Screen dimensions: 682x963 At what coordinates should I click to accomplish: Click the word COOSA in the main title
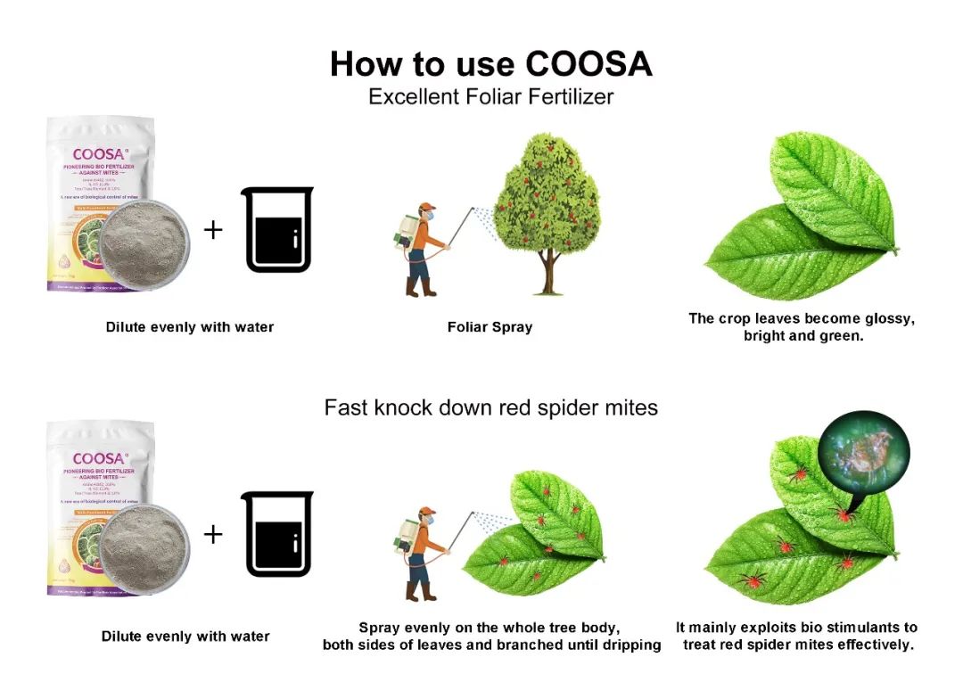[588, 64]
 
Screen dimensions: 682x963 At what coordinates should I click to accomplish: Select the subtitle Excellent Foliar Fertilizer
[491, 96]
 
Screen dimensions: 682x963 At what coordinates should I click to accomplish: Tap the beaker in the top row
[277, 230]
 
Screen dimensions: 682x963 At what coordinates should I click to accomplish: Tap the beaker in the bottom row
[277, 534]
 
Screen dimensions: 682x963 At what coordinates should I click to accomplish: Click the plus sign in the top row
[213, 230]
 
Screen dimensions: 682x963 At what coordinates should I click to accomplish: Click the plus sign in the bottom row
[213, 534]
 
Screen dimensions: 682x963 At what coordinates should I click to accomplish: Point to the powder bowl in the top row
[144, 243]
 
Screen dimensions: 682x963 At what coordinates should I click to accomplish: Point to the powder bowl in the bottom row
[144, 547]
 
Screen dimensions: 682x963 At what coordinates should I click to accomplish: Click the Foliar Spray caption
[490, 327]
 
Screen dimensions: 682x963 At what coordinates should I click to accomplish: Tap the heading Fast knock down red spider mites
[491, 408]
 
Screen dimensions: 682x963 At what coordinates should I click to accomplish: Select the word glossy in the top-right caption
[891, 318]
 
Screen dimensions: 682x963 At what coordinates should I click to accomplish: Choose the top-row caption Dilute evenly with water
[190, 327]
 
